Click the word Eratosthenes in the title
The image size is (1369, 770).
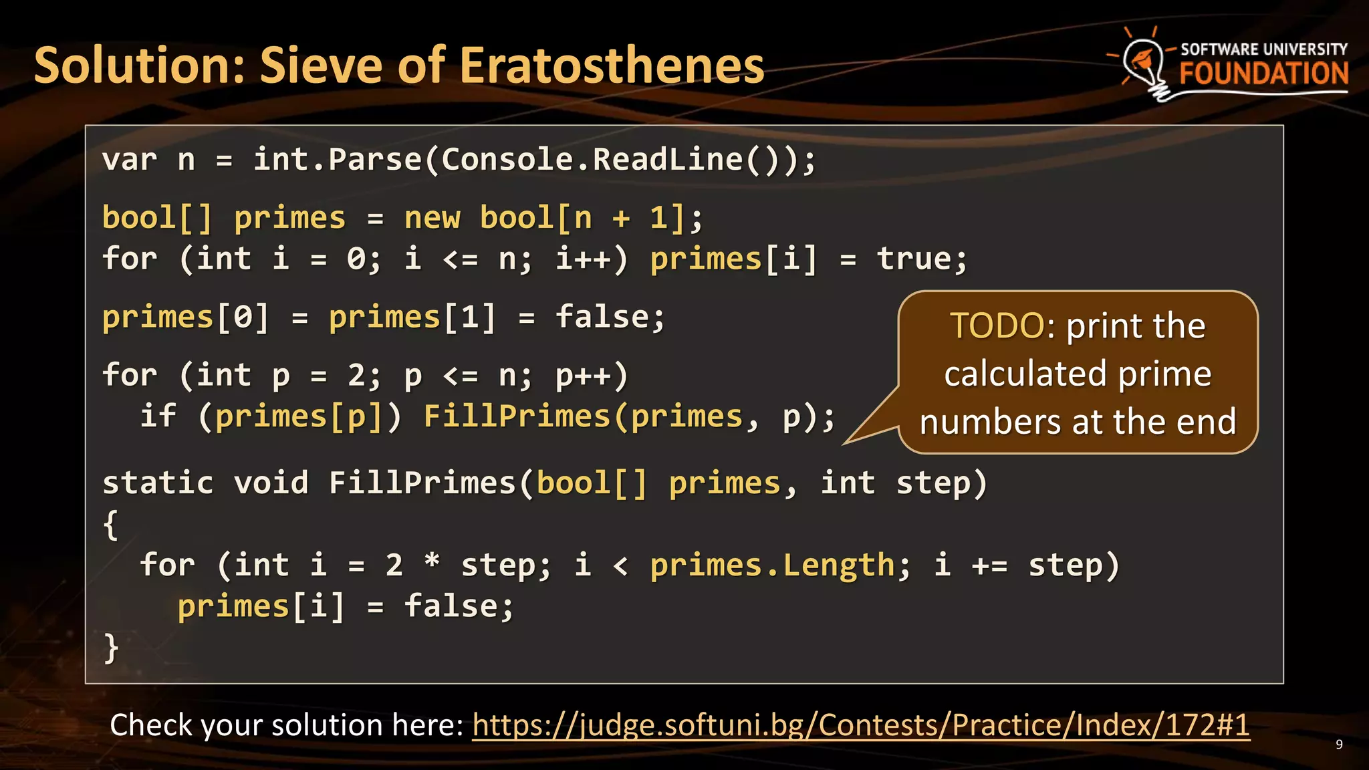pyautogui.click(x=612, y=66)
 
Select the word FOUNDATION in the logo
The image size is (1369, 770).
pyautogui.click(x=1263, y=74)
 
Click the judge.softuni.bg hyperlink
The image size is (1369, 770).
pyautogui.click(x=860, y=725)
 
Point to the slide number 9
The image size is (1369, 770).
pyautogui.click(x=1339, y=745)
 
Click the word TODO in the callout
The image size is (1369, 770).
pyautogui.click(x=997, y=326)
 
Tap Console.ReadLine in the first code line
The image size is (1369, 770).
pyautogui.click(x=592, y=160)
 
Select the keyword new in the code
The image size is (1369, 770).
pyautogui.click(x=432, y=218)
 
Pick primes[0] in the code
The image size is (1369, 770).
pyautogui.click(x=185, y=317)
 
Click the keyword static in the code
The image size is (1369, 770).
pyautogui.click(x=158, y=483)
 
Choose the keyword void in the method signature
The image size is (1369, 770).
pyautogui.click(x=271, y=483)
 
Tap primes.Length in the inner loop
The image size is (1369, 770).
pyautogui.click(x=772, y=565)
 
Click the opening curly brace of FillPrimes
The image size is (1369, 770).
pyautogui.click(x=111, y=525)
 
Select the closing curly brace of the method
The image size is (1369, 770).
pyautogui.click(x=111, y=648)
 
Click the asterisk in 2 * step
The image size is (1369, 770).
pyautogui.click(x=432, y=561)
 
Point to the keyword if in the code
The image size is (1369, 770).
pyautogui.click(x=158, y=416)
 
